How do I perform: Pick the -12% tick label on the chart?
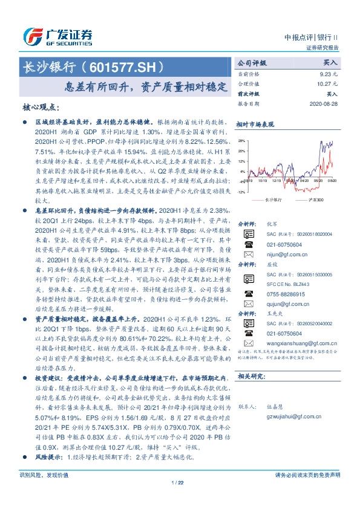pyautogui.click(x=241, y=192)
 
